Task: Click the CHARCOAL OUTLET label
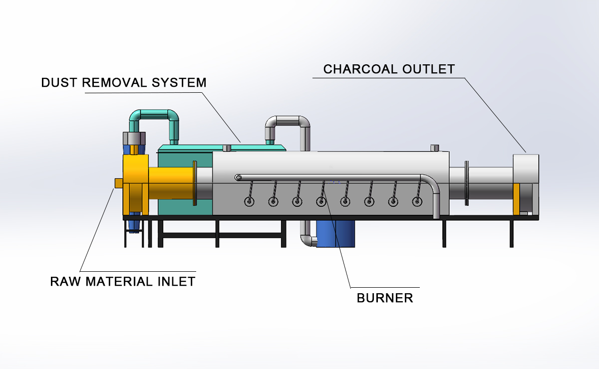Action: (389, 69)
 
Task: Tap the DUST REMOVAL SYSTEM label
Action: (124, 82)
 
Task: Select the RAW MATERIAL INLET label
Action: (122, 281)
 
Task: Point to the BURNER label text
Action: (385, 298)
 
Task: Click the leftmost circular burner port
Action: (249, 201)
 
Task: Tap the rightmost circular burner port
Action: (417, 201)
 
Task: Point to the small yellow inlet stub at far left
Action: (118, 184)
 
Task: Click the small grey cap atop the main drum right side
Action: (434, 148)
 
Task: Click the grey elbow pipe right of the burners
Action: (433, 192)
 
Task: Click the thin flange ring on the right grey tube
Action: (466, 183)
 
